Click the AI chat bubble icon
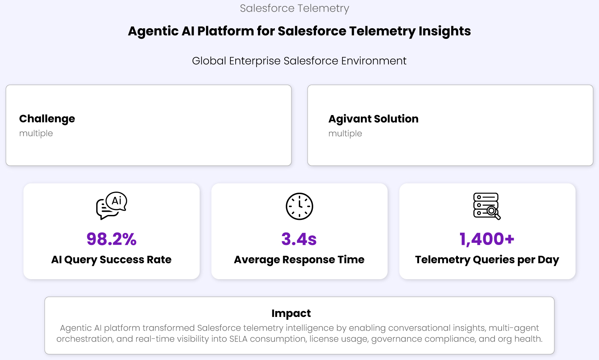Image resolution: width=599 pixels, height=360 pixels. click(x=111, y=206)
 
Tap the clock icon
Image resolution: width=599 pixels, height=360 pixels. click(x=299, y=206)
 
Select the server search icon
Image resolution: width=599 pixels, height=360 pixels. click(x=487, y=206)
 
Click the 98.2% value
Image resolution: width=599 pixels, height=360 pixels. click(x=111, y=239)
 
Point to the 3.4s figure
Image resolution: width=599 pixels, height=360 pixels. click(x=299, y=239)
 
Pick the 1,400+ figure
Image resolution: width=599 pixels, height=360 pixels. click(x=487, y=239)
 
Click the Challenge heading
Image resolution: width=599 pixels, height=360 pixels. click(x=47, y=119)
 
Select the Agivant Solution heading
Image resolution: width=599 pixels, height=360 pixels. click(x=373, y=119)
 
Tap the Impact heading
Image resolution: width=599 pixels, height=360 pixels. click(x=291, y=313)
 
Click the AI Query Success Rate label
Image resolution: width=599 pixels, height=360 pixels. click(x=111, y=260)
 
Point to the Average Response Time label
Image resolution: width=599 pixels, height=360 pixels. click(x=299, y=260)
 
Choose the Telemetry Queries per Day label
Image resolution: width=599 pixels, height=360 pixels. click(x=487, y=260)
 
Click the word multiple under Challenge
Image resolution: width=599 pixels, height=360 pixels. click(x=36, y=133)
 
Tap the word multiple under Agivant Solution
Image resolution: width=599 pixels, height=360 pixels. click(x=345, y=133)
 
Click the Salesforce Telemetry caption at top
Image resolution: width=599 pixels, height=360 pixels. click(x=295, y=8)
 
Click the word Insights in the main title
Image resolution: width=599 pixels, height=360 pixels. click(x=445, y=31)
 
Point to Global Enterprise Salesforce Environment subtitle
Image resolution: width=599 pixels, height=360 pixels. click(x=299, y=61)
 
